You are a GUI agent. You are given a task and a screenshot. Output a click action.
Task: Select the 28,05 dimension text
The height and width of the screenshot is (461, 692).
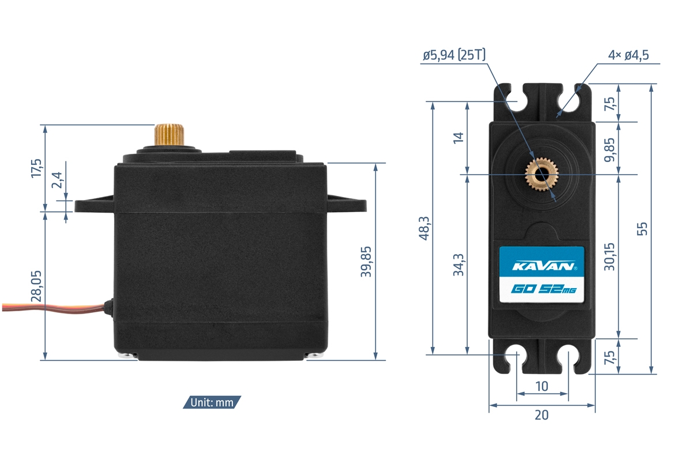[36, 287]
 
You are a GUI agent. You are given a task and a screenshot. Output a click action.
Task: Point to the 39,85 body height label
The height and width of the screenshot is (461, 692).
[366, 262]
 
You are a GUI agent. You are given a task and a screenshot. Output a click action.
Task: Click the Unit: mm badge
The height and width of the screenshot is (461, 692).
[212, 402]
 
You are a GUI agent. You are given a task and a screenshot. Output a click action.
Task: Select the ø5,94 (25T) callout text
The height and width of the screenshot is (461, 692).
[454, 55]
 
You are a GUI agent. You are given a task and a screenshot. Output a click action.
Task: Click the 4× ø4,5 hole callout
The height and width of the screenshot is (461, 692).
[629, 55]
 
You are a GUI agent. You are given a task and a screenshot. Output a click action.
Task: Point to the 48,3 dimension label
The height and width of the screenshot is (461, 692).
[424, 228]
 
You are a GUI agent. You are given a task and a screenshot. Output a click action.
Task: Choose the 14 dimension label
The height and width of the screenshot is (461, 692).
[458, 138]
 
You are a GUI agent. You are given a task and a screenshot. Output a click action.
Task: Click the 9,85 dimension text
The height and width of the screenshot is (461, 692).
[610, 148]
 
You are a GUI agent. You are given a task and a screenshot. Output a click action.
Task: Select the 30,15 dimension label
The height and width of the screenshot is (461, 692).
[610, 256]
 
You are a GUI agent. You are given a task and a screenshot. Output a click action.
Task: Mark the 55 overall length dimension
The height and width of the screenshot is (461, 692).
[644, 228]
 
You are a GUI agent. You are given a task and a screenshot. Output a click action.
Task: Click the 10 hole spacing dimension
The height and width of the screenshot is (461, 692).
[541, 386]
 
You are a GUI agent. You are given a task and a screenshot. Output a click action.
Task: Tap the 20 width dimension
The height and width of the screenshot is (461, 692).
[541, 414]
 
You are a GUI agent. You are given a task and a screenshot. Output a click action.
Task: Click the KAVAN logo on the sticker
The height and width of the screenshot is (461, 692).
[541, 267]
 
